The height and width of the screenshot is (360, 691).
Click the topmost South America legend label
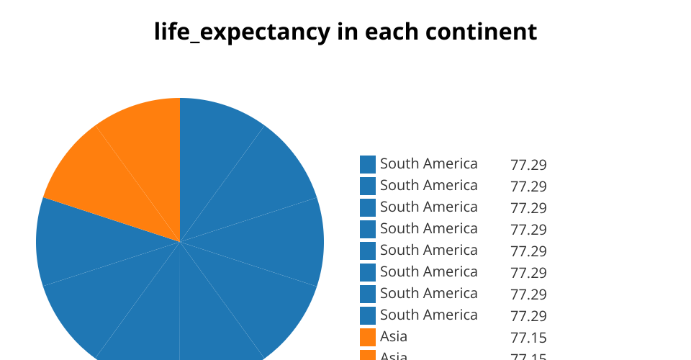[428, 164]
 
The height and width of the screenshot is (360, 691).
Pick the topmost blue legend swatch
[368, 164]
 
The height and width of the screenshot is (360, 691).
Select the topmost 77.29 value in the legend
[528, 165]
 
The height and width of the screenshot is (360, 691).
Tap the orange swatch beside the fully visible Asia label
[368, 337]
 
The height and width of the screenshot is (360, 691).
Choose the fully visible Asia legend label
[394, 337]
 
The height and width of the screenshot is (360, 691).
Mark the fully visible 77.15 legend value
[528, 338]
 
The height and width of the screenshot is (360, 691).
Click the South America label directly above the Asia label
[428, 315]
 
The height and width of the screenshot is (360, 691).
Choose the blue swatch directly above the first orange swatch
[368, 315]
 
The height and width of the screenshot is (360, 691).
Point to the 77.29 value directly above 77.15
[528, 316]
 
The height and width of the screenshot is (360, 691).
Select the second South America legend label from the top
[428, 186]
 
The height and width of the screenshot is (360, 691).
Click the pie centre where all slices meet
[180, 242]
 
